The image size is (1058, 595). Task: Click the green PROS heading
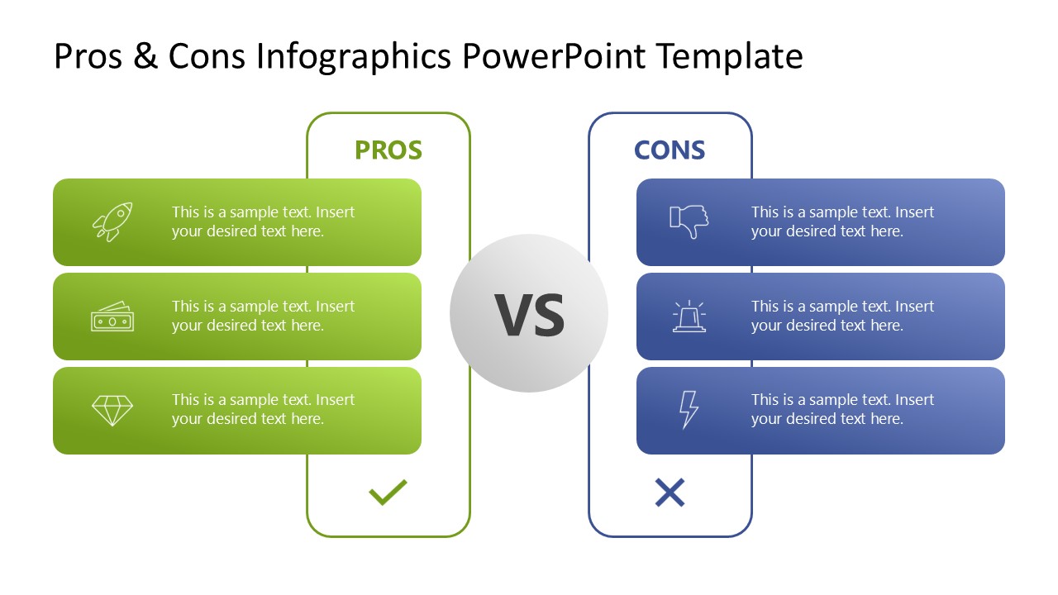pos(388,150)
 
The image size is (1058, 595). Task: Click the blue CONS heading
pos(670,150)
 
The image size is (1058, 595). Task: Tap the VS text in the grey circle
pos(529,315)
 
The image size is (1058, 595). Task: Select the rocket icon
pos(112,221)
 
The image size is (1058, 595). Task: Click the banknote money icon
pos(112,317)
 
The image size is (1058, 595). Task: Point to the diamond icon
pos(112,411)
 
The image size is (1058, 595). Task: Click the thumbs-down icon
pos(689,221)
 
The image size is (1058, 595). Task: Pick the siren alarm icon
pos(689,317)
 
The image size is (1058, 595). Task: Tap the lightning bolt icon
pos(688,411)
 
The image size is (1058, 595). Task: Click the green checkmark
pos(388,493)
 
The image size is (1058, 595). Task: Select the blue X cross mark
pos(670,493)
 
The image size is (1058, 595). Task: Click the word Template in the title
pos(730,56)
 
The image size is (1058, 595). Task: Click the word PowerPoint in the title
pos(555,56)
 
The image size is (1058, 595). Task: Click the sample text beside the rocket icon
pos(263,221)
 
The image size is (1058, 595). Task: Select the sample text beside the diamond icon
pos(263,409)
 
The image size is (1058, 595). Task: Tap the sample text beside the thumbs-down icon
pos(842,221)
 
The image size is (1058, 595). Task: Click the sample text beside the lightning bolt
pos(842,409)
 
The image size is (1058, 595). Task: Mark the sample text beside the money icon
pos(263,316)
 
